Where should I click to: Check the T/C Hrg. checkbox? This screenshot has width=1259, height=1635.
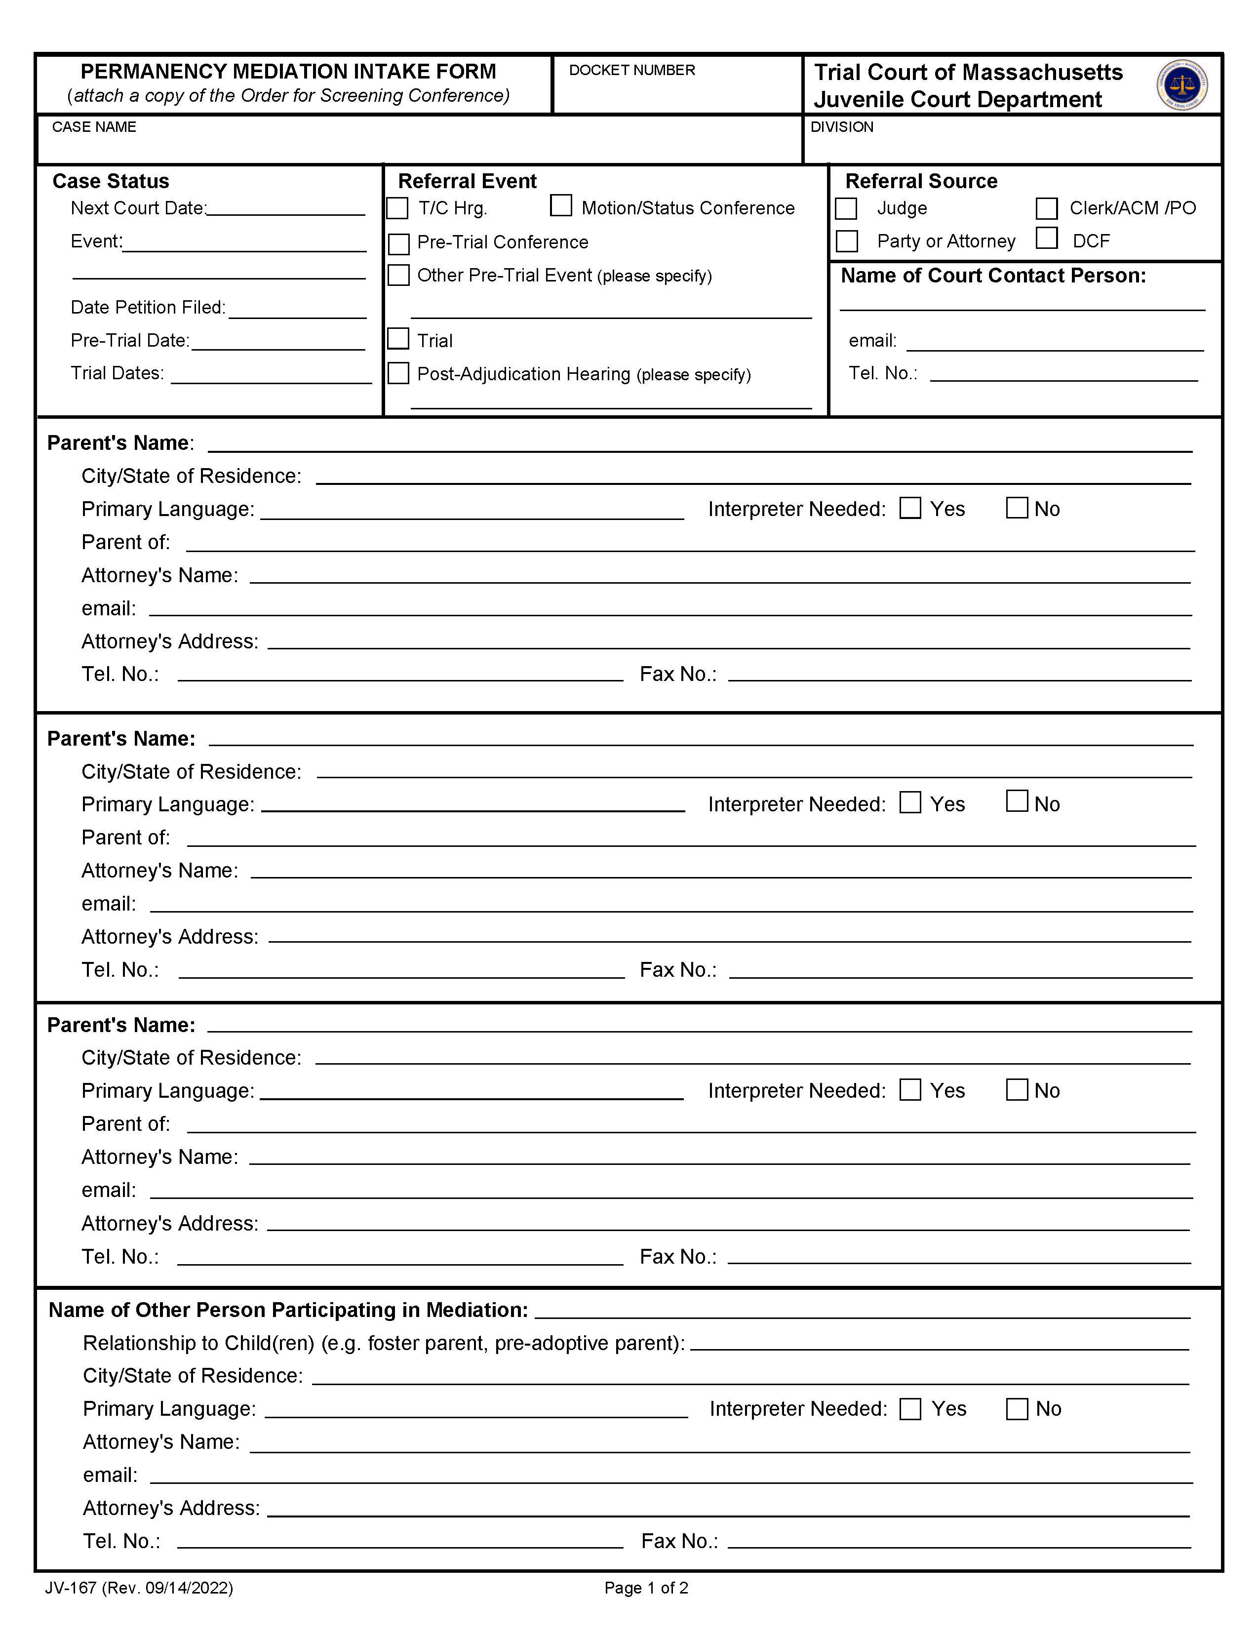(x=397, y=208)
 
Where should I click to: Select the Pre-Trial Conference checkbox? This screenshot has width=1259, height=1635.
(x=399, y=244)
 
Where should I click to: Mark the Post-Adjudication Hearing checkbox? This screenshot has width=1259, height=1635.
(x=399, y=373)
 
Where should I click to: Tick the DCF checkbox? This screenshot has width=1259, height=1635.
(x=1046, y=238)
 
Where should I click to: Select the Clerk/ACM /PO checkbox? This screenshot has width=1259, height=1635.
(x=1046, y=208)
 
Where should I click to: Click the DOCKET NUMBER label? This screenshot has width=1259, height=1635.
(x=632, y=71)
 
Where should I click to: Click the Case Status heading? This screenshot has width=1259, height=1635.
(x=111, y=181)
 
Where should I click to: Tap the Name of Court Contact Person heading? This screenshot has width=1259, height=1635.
(x=993, y=276)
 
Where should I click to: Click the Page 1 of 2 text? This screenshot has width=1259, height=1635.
(x=646, y=1588)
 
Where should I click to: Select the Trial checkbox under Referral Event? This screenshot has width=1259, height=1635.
(x=399, y=339)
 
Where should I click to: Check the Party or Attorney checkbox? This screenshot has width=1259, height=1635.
(x=847, y=241)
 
